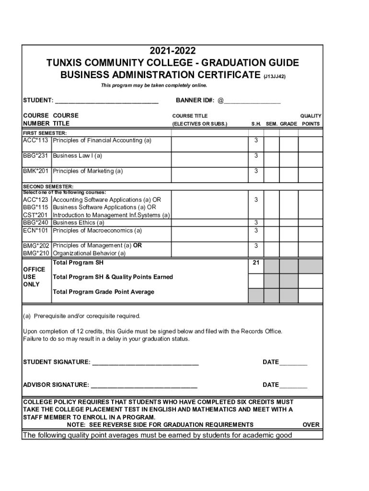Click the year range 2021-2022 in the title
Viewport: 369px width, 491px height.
[x=173, y=51]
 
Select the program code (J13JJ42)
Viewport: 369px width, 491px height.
[x=275, y=76]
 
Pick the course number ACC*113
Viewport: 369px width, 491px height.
[x=36, y=140]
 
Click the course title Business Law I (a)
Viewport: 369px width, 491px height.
[x=77, y=156]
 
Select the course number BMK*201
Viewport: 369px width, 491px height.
[x=36, y=171]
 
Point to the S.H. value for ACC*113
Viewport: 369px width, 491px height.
[x=256, y=140]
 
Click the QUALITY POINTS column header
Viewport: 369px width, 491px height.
[x=311, y=120]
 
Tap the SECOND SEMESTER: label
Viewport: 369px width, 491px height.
[x=48, y=186]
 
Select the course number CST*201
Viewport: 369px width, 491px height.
[x=36, y=215]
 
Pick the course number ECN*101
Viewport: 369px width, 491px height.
[x=36, y=230]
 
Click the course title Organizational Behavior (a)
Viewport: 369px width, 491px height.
[x=89, y=253]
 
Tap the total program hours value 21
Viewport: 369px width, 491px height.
[x=256, y=263]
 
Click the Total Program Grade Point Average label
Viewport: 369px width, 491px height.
[x=104, y=292]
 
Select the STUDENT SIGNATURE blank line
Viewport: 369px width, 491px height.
[x=145, y=362]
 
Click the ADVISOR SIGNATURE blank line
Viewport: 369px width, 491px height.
[x=144, y=385]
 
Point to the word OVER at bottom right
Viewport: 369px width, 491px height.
[x=311, y=425]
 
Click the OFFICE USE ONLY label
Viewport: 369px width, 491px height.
[x=34, y=277]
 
